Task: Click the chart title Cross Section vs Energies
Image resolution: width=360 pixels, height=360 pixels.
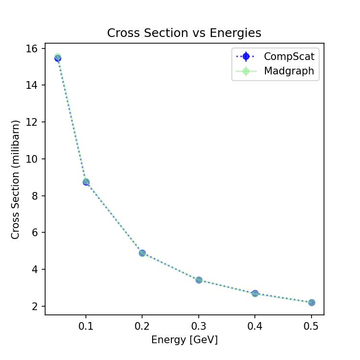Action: (184, 33)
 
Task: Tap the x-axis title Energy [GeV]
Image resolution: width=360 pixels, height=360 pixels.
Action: (184, 340)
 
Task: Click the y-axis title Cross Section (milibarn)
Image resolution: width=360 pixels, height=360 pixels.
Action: (15, 179)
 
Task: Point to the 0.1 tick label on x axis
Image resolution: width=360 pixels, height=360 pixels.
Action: (86, 326)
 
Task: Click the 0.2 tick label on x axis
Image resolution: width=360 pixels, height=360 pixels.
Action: (142, 326)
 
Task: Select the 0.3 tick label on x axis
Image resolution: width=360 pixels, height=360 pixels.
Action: (199, 326)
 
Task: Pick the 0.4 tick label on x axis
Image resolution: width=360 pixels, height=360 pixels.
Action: (255, 326)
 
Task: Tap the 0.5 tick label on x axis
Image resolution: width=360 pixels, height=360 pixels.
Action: (312, 326)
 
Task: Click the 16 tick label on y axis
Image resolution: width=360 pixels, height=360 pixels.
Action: (32, 48)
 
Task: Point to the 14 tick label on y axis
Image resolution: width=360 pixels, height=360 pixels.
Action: (32, 85)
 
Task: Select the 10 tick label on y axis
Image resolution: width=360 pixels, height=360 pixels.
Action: (32, 159)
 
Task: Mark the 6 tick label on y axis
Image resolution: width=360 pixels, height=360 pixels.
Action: (35, 233)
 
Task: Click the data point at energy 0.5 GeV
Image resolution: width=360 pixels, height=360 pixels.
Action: (312, 302)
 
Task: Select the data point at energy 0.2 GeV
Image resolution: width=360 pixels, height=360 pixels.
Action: (142, 253)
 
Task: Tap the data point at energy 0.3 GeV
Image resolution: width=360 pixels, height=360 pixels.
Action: (199, 280)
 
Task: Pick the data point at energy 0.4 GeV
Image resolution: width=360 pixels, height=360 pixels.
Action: (255, 293)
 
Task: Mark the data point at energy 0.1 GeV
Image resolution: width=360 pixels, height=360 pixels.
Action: (86, 182)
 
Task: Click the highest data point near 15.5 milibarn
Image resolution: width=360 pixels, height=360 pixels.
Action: (58, 58)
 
